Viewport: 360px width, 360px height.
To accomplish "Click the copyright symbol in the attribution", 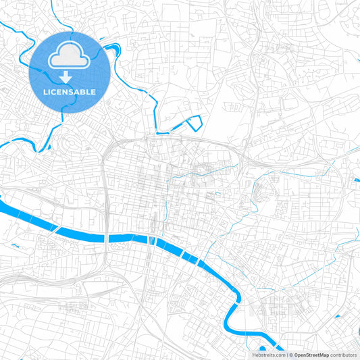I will click(291, 354).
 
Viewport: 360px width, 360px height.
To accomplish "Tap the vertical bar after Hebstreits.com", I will click(286, 354).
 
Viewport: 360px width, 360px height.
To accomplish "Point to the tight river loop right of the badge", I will click(112, 49).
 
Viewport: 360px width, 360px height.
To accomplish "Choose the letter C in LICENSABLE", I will click(53, 91).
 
